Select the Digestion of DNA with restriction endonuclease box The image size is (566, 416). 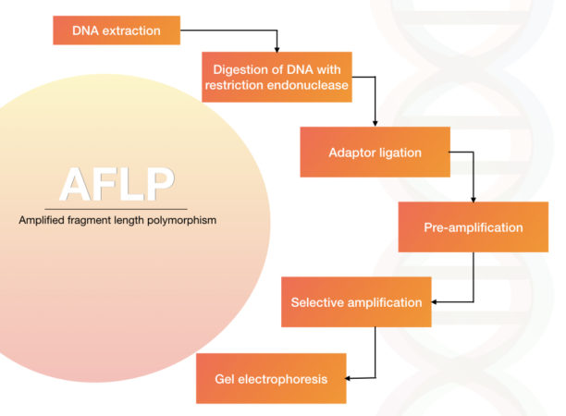click(x=277, y=77)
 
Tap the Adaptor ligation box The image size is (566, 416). click(x=375, y=152)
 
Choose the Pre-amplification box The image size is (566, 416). click(x=473, y=226)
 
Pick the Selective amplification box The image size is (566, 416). click(x=356, y=302)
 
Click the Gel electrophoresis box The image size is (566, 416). click(x=271, y=377)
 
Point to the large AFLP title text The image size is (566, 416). click(x=117, y=185)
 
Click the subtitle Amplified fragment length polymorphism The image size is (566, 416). click(x=117, y=221)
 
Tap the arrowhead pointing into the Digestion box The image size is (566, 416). click(x=277, y=48)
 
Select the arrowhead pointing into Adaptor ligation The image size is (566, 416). click(x=375, y=123)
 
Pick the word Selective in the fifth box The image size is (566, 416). click(x=316, y=302)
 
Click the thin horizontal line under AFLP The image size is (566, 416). click(x=117, y=207)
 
